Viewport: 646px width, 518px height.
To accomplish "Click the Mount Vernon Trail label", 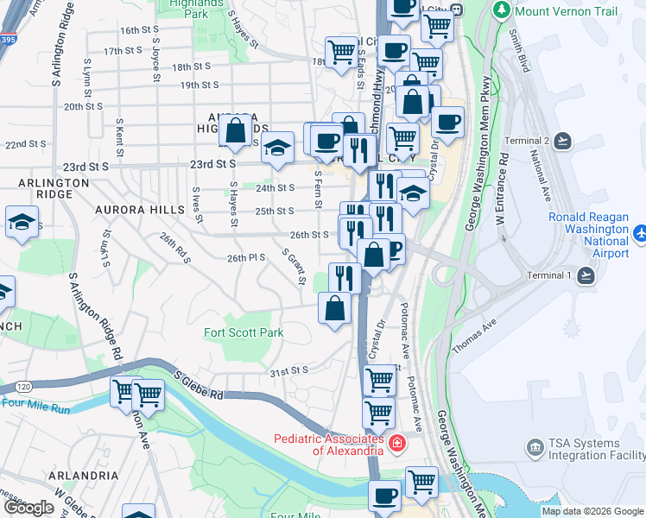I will click(567, 11).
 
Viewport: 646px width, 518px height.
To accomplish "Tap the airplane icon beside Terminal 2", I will click(564, 140).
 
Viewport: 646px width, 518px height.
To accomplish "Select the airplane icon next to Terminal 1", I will click(586, 275).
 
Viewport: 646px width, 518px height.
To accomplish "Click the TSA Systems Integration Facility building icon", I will click(535, 446).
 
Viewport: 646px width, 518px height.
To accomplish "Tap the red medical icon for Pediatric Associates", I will click(396, 445).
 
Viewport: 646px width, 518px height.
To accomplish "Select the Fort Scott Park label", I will click(244, 332).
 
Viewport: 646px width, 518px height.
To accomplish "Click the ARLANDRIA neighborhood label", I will click(84, 476).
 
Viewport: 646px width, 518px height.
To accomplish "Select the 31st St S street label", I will click(288, 370).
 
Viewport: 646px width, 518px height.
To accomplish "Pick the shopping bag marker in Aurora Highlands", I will click(236, 132).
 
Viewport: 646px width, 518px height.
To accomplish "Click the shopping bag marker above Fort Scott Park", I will click(334, 307).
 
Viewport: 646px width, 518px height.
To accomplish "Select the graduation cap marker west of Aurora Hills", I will click(22, 223).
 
